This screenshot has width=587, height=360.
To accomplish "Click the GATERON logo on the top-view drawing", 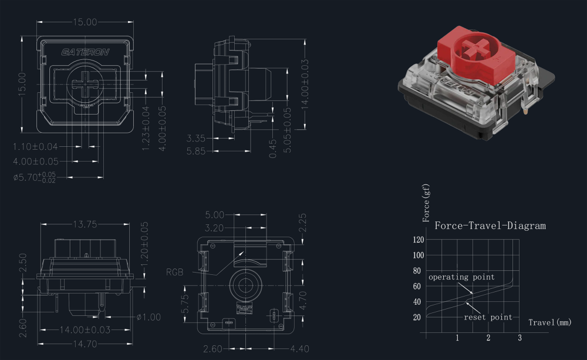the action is tap(85, 52).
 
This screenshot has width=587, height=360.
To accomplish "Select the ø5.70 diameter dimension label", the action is tap(35, 177).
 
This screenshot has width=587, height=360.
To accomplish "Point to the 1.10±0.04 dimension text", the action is tap(35, 146).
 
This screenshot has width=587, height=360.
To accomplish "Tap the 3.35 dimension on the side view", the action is tap(196, 138).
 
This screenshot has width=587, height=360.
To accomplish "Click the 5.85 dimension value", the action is tap(196, 151).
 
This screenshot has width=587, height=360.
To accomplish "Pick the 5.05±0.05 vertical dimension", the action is tap(287, 130).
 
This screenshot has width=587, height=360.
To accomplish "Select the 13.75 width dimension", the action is tap(85, 224).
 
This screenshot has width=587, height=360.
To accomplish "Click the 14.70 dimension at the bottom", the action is tap(85, 344).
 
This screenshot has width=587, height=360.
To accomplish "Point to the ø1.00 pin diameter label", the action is tap(149, 317).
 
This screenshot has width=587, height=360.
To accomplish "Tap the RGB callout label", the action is tap(174, 272).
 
